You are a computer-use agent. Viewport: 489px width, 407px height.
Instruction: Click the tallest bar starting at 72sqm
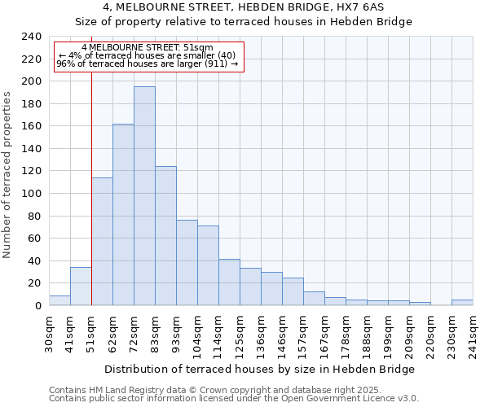[144, 195]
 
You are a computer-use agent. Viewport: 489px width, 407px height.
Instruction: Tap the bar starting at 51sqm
[102, 241]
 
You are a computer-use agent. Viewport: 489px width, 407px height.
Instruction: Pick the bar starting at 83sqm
[165, 236]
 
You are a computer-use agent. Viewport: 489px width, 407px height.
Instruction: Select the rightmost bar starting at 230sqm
[462, 302]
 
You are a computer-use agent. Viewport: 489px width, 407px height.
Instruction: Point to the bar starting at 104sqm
[208, 265]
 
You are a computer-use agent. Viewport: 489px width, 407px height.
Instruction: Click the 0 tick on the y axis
[37, 306]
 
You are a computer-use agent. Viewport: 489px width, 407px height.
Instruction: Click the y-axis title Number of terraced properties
[8, 175]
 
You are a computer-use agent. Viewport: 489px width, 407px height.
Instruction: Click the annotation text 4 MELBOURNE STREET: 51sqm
[148, 48]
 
